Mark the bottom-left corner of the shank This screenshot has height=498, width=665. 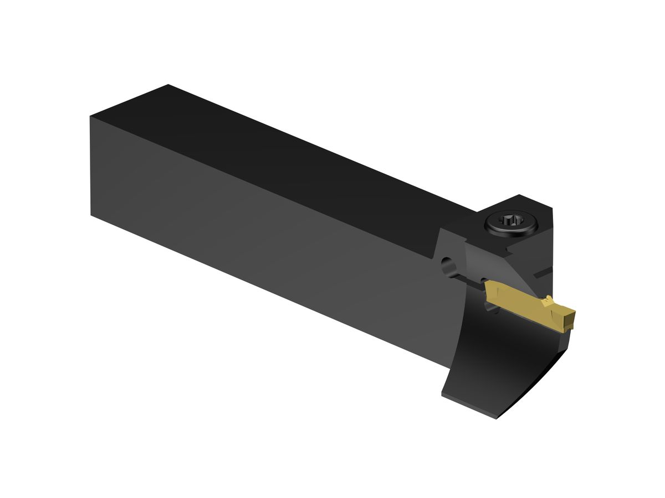click(91, 215)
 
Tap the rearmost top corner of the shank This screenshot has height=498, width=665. click(168, 85)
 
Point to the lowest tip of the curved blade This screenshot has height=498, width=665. click(497, 418)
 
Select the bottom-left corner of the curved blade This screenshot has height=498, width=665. click(442, 393)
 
